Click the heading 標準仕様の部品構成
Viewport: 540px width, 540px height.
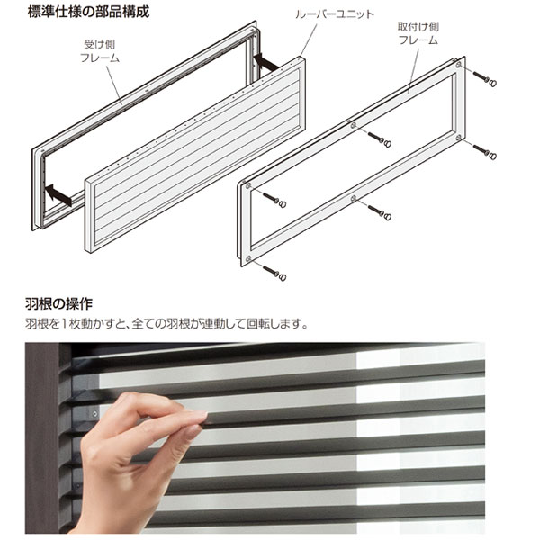coord(88,12)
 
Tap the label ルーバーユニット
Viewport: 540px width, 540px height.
coord(335,14)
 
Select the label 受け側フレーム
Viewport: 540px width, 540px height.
coord(100,51)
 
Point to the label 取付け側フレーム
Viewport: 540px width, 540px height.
coord(418,33)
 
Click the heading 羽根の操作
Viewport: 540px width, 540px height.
coord(58,304)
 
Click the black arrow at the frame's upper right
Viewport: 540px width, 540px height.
coord(265,61)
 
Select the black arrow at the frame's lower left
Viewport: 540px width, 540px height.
coord(58,194)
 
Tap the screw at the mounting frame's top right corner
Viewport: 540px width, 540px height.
coord(484,79)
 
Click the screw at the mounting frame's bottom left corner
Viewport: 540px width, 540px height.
coord(274,273)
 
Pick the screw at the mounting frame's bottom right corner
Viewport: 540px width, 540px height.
coord(484,152)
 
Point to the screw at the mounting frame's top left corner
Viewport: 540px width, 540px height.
coord(274,200)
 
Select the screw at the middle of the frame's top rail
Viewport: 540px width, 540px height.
coord(380,139)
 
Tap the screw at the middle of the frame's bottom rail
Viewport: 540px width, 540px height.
coord(380,212)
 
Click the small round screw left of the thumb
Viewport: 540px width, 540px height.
coord(95,414)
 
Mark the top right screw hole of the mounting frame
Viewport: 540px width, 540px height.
coord(458,65)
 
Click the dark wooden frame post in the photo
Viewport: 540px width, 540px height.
coord(42,437)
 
